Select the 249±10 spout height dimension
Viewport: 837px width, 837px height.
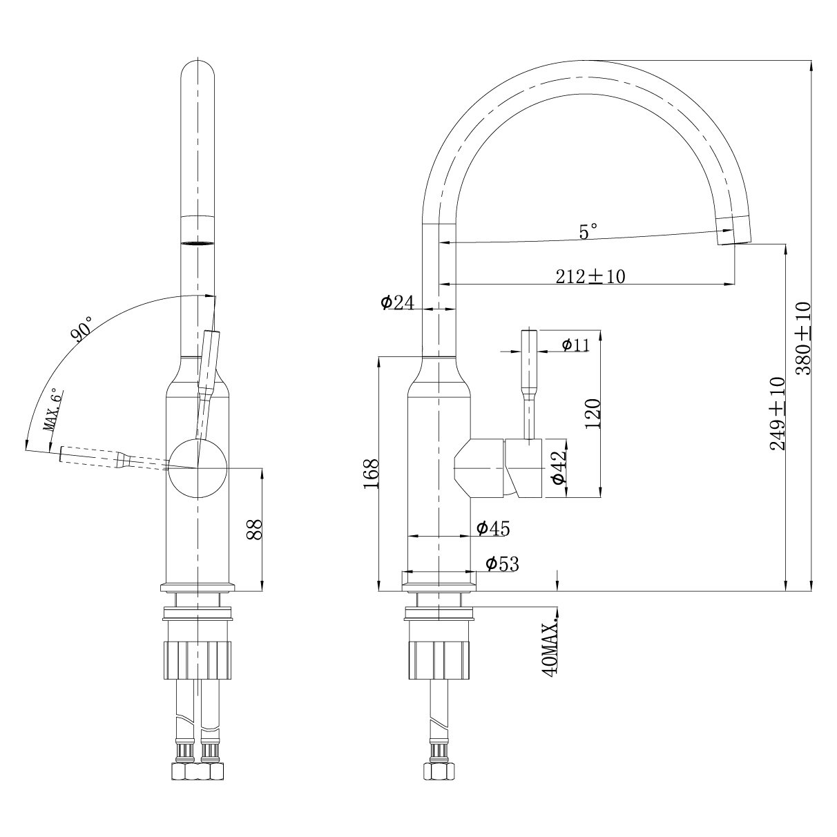pos(778,413)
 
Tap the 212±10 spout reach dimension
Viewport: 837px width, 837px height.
pos(590,276)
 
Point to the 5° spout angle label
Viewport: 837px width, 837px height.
pos(588,231)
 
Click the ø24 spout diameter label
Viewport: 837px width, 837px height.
pos(397,302)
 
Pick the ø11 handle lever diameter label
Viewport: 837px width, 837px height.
pos(575,345)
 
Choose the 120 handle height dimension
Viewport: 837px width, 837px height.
pos(593,414)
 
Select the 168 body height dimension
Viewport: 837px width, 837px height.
pos(372,474)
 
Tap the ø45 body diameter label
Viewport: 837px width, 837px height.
pos(493,528)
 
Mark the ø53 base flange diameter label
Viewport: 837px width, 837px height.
pos(502,564)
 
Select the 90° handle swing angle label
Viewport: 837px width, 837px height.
pos(82,329)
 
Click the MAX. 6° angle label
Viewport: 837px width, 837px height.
pos(55,411)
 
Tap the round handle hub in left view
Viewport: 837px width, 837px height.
pos(198,468)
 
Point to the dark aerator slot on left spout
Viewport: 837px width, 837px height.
pos(198,244)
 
